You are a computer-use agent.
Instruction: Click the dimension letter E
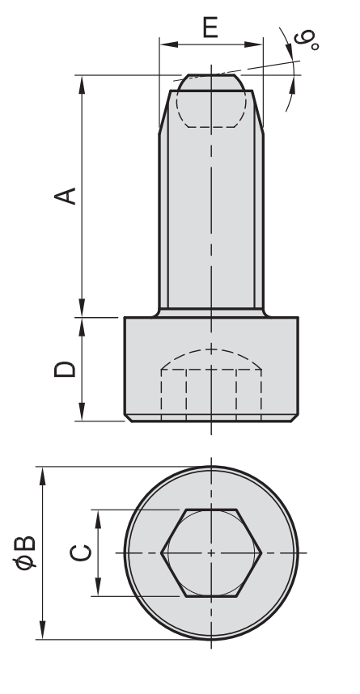click(x=210, y=27)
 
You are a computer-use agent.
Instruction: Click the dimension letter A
click(x=65, y=196)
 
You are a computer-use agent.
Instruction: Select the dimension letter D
click(x=65, y=369)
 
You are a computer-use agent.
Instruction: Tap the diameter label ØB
click(x=24, y=552)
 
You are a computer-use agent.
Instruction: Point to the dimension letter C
click(x=81, y=552)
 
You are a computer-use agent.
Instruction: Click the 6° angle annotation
click(x=307, y=39)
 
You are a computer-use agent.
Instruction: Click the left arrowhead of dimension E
click(x=169, y=44)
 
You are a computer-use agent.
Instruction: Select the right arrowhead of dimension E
click(x=254, y=44)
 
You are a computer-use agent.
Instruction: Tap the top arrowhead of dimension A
click(x=82, y=85)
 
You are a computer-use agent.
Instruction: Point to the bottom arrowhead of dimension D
click(x=82, y=412)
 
